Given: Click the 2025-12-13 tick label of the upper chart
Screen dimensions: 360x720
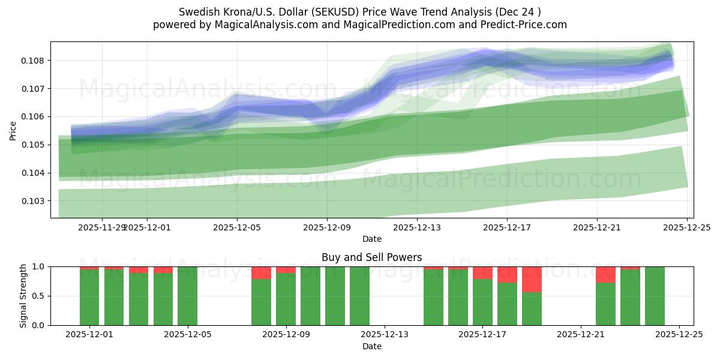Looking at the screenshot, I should click(417, 227).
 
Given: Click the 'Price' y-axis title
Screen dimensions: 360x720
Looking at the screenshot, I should click(13, 130).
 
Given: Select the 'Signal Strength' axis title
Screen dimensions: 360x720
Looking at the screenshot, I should click(23, 296).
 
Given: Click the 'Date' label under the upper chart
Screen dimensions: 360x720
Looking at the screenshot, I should click(372, 239).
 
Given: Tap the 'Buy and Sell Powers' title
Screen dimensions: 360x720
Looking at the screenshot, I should click(372, 257).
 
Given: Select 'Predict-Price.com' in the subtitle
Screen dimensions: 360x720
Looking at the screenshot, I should click(526, 25).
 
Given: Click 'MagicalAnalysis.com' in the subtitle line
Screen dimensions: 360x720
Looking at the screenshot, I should click(262, 25).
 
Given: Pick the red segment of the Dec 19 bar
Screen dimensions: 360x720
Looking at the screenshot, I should click(532, 279).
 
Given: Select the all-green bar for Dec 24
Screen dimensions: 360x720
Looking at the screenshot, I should click(655, 296).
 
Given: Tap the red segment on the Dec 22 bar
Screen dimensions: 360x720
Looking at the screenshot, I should click(605, 274).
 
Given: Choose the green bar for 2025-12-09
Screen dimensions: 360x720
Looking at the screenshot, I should click(286, 299).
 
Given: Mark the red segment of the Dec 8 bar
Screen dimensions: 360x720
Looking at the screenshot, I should click(261, 272).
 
